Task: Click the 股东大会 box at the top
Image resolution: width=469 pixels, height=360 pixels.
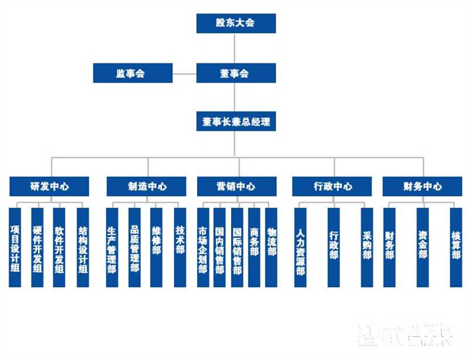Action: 236,23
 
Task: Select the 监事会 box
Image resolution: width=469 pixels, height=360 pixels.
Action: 132,73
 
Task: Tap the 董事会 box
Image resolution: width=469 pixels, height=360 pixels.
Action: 236,73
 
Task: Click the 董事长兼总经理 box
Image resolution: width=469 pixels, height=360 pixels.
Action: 236,123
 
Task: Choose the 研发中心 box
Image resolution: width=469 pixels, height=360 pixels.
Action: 49,186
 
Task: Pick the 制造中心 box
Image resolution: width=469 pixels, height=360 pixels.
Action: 147,186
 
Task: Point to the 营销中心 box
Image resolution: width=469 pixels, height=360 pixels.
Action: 236,186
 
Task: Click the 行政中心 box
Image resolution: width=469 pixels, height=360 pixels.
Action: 332,186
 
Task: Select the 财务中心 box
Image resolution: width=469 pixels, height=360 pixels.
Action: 422,186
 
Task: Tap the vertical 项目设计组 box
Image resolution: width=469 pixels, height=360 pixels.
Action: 15,247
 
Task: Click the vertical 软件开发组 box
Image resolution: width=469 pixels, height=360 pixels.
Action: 59,247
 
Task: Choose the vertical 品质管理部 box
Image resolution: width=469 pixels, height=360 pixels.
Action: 134,247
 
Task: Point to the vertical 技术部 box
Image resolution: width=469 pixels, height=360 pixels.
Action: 180,247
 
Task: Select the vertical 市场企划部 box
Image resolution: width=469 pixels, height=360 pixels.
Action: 203,247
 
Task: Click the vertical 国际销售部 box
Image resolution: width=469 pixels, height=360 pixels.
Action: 237,247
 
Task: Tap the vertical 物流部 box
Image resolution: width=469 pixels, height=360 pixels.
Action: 271,247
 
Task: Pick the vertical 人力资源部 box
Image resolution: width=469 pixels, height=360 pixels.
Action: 300,247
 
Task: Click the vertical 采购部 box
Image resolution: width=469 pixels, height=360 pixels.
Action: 366,247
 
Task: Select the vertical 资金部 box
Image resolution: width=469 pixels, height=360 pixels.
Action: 422,247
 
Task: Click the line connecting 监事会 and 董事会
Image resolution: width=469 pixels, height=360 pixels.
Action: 184,74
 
